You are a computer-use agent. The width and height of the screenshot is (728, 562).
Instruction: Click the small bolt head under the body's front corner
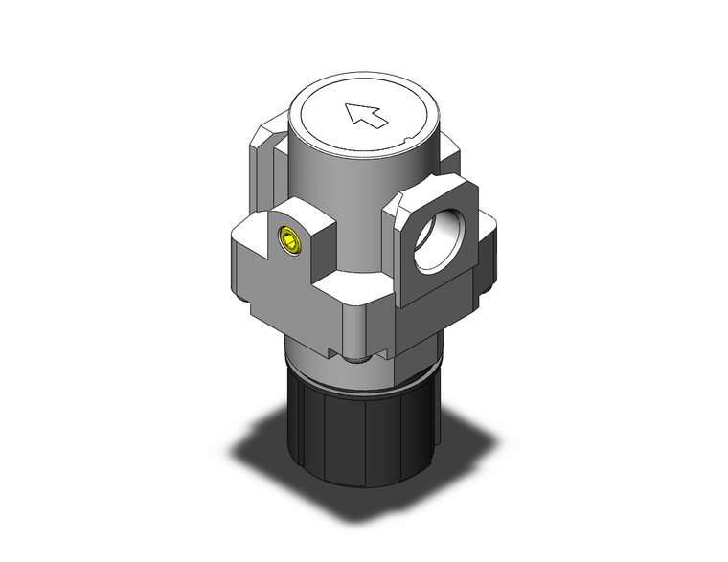pos(358,360)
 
